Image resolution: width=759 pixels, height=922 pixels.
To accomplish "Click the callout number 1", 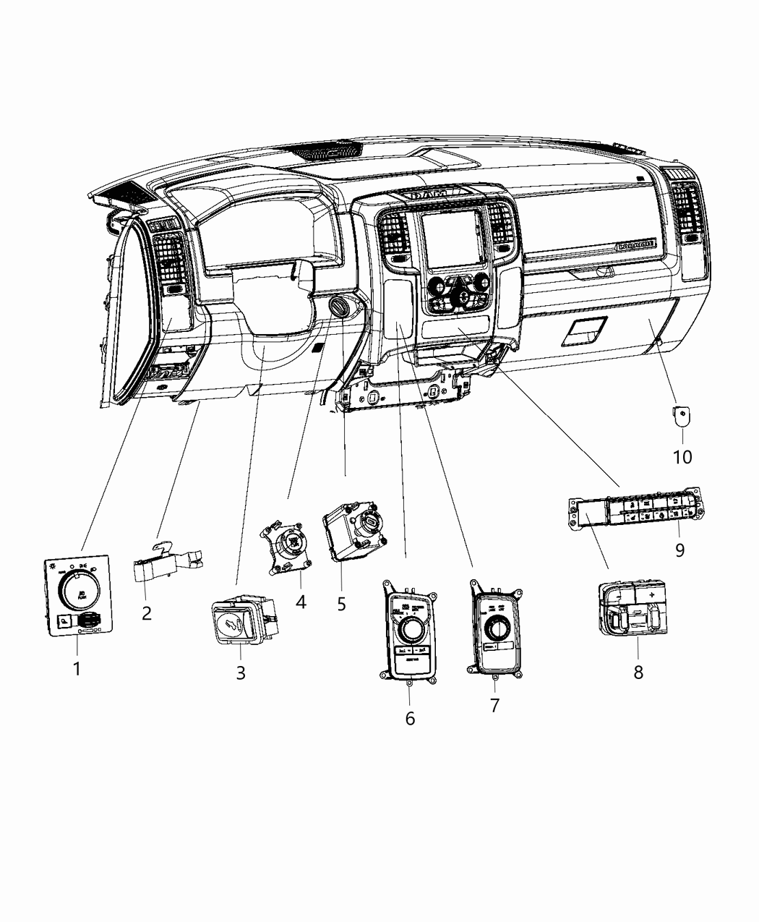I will point(77,669).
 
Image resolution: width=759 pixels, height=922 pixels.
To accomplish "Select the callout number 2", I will point(147,614).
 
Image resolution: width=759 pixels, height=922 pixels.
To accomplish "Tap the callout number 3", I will point(241,673).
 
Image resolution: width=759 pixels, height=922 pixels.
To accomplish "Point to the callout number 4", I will point(301,601).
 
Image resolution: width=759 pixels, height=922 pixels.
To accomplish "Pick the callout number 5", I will point(342,603).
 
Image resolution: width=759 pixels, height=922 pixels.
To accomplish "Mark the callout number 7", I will point(494,705).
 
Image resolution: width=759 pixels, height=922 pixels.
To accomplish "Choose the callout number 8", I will point(638,672).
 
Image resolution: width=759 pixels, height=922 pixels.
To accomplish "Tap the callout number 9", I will point(679,550).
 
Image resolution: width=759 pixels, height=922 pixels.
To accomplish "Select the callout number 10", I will point(682,457).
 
